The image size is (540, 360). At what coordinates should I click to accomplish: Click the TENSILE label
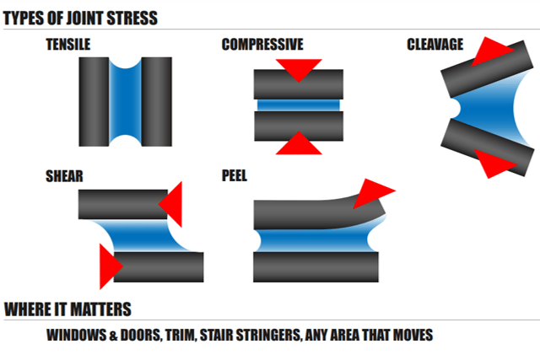[x=68, y=45]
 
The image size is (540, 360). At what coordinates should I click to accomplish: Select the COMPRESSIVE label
[x=262, y=45]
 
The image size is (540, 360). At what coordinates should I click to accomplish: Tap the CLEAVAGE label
[x=435, y=45]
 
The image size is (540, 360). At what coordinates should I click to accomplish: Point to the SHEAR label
[x=64, y=178]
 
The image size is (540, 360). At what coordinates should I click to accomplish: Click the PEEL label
[x=234, y=178]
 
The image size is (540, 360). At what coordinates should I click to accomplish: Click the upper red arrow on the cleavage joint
[x=494, y=51]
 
